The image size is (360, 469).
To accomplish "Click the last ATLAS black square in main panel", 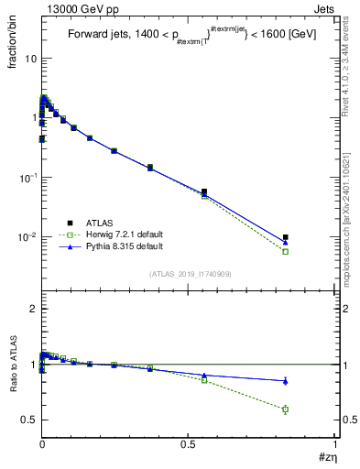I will coord(285,237).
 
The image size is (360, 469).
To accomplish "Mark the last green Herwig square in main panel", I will coord(285,251).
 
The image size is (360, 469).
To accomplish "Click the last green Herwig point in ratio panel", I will coord(285,409).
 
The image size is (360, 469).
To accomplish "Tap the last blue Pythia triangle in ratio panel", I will coord(285,380).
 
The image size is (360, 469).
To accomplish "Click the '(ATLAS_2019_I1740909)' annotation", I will coord(190,274).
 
